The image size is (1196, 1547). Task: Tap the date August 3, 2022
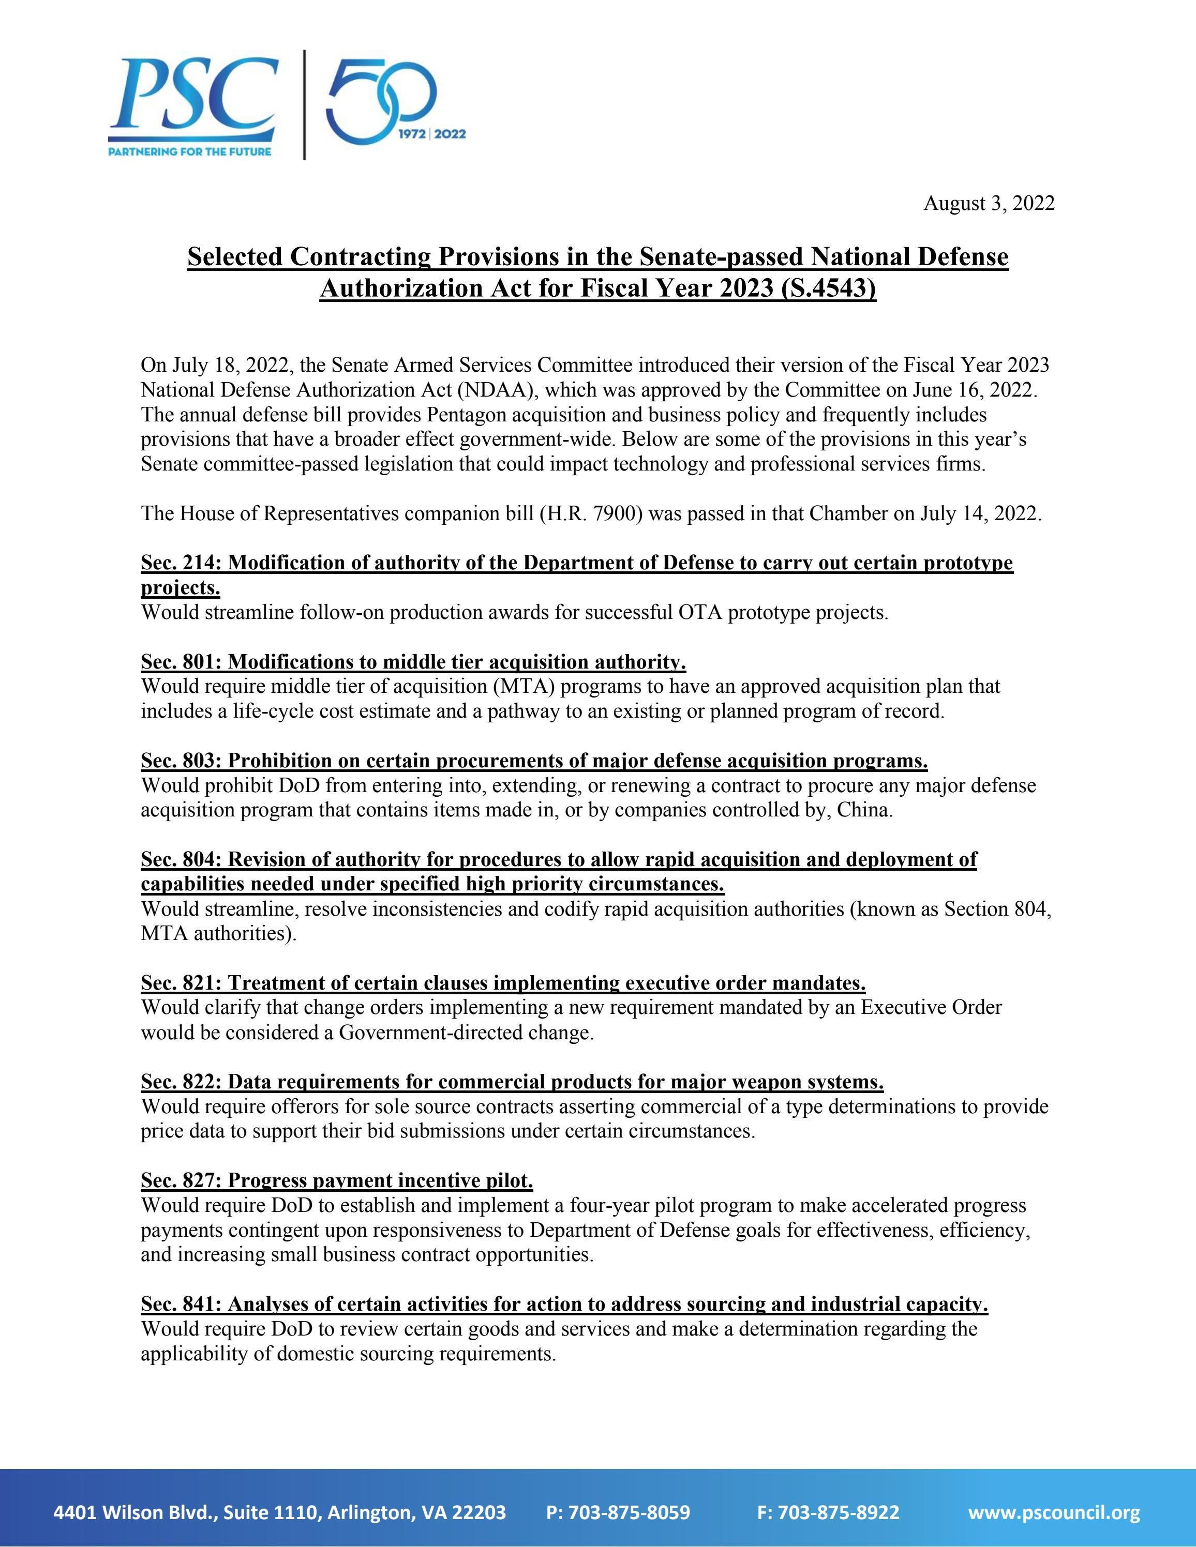[x=989, y=203]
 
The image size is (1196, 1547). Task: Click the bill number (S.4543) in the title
[x=830, y=289]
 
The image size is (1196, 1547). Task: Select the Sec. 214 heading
[x=577, y=563]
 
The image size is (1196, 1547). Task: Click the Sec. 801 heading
[x=413, y=662]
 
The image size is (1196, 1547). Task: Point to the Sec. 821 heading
[x=503, y=983]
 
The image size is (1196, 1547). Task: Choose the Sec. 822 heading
[x=512, y=1082]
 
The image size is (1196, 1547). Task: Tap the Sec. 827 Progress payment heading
[x=337, y=1181]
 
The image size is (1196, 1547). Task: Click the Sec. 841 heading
[x=564, y=1304]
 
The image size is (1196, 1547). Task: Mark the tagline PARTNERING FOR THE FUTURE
[x=189, y=151]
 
